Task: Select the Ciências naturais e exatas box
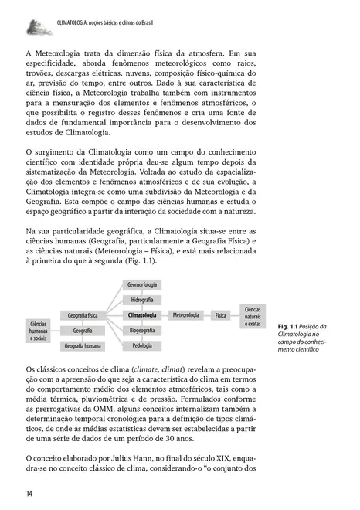(x=252, y=315)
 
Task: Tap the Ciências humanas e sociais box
(x=39, y=331)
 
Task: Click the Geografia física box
(x=83, y=315)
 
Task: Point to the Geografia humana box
(x=83, y=345)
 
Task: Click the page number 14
(x=29, y=494)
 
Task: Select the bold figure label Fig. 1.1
(x=288, y=326)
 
